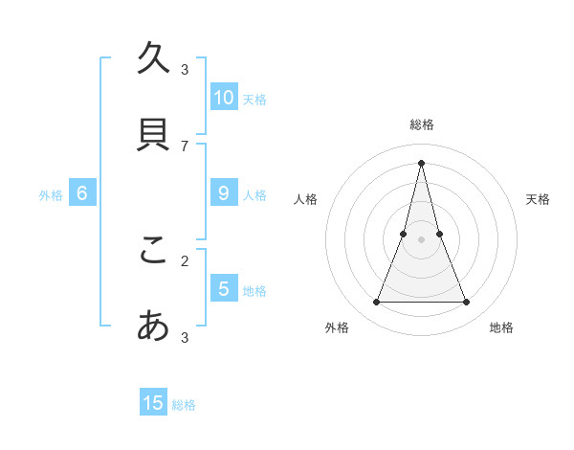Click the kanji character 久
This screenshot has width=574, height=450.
click(x=153, y=59)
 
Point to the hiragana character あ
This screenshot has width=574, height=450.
click(x=153, y=326)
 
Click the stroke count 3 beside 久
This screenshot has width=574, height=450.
click(x=185, y=69)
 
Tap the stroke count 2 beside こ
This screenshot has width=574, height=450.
click(x=185, y=260)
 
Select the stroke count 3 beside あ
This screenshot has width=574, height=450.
click(x=185, y=337)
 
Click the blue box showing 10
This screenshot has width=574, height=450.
click(x=224, y=97)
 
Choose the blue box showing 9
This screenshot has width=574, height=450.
click(x=224, y=193)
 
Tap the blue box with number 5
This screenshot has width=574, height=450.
click(x=224, y=288)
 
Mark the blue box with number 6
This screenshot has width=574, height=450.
click(x=82, y=193)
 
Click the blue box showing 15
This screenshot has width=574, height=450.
click(x=153, y=403)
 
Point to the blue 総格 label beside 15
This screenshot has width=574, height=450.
click(x=184, y=405)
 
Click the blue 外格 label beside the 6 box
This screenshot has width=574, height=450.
click(x=51, y=195)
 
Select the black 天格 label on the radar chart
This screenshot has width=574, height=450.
click(x=538, y=199)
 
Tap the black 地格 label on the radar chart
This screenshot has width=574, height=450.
click(x=501, y=327)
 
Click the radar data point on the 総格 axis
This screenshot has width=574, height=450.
click(x=421, y=162)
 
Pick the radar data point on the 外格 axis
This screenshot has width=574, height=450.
click(x=376, y=303)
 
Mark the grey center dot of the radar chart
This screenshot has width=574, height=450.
click(x=421, y=239)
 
